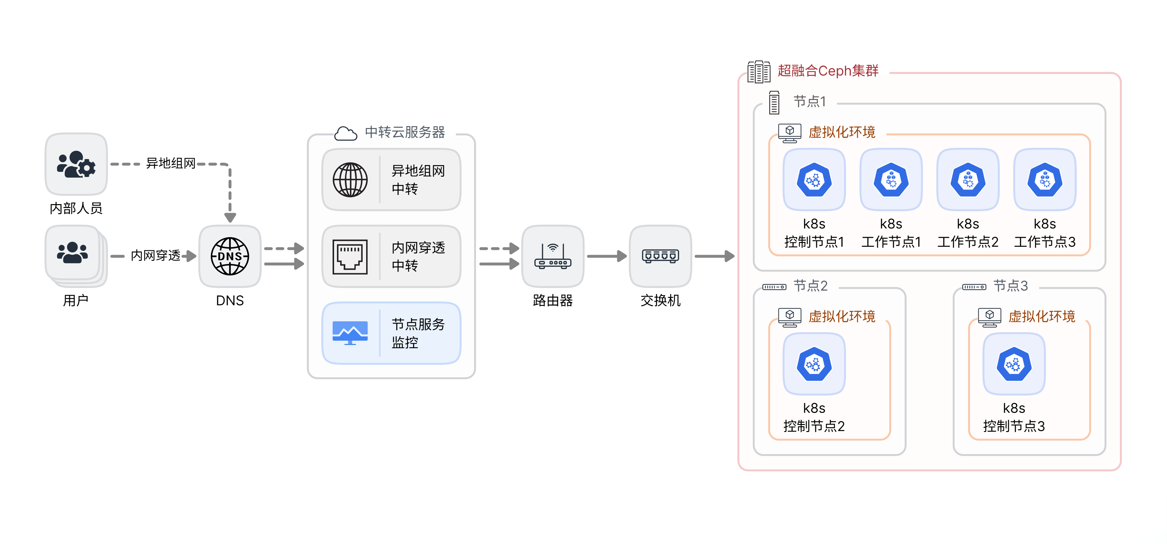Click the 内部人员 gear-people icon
[76, 164]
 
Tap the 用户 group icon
[72, 252]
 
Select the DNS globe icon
[230, 256]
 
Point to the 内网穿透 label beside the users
[155, 256]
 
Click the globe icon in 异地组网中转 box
[350, 180]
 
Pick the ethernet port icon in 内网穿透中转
[350, 257]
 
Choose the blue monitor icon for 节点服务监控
[350, 333]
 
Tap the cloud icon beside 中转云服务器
[346, 133]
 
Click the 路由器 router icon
[553, 256]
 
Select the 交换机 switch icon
[661, 256]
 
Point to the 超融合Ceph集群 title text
[828, 71]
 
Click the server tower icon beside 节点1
[774, 103]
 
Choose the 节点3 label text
[1010, 285]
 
